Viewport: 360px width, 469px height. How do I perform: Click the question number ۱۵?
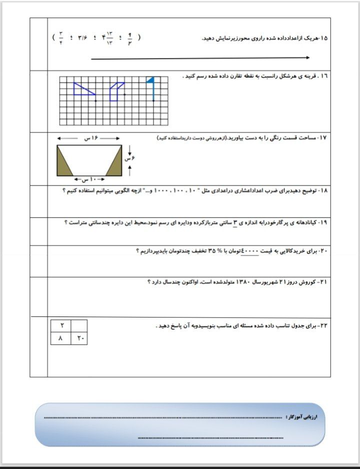[x=323, y=38]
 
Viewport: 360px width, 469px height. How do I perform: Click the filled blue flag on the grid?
[x=150, y=80]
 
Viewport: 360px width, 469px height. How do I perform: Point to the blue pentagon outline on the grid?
[x=115, y=91]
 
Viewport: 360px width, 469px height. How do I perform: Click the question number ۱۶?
[x=324, y=76]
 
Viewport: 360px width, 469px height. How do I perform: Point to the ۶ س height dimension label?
[x=131, y=158]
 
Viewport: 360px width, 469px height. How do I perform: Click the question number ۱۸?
[x=322, y=191]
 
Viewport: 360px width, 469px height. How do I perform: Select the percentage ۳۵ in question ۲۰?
[x=214, y=250]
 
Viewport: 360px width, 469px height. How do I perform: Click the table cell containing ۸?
[x=61, y=338]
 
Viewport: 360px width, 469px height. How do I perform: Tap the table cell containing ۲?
[x=61, y=326]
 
